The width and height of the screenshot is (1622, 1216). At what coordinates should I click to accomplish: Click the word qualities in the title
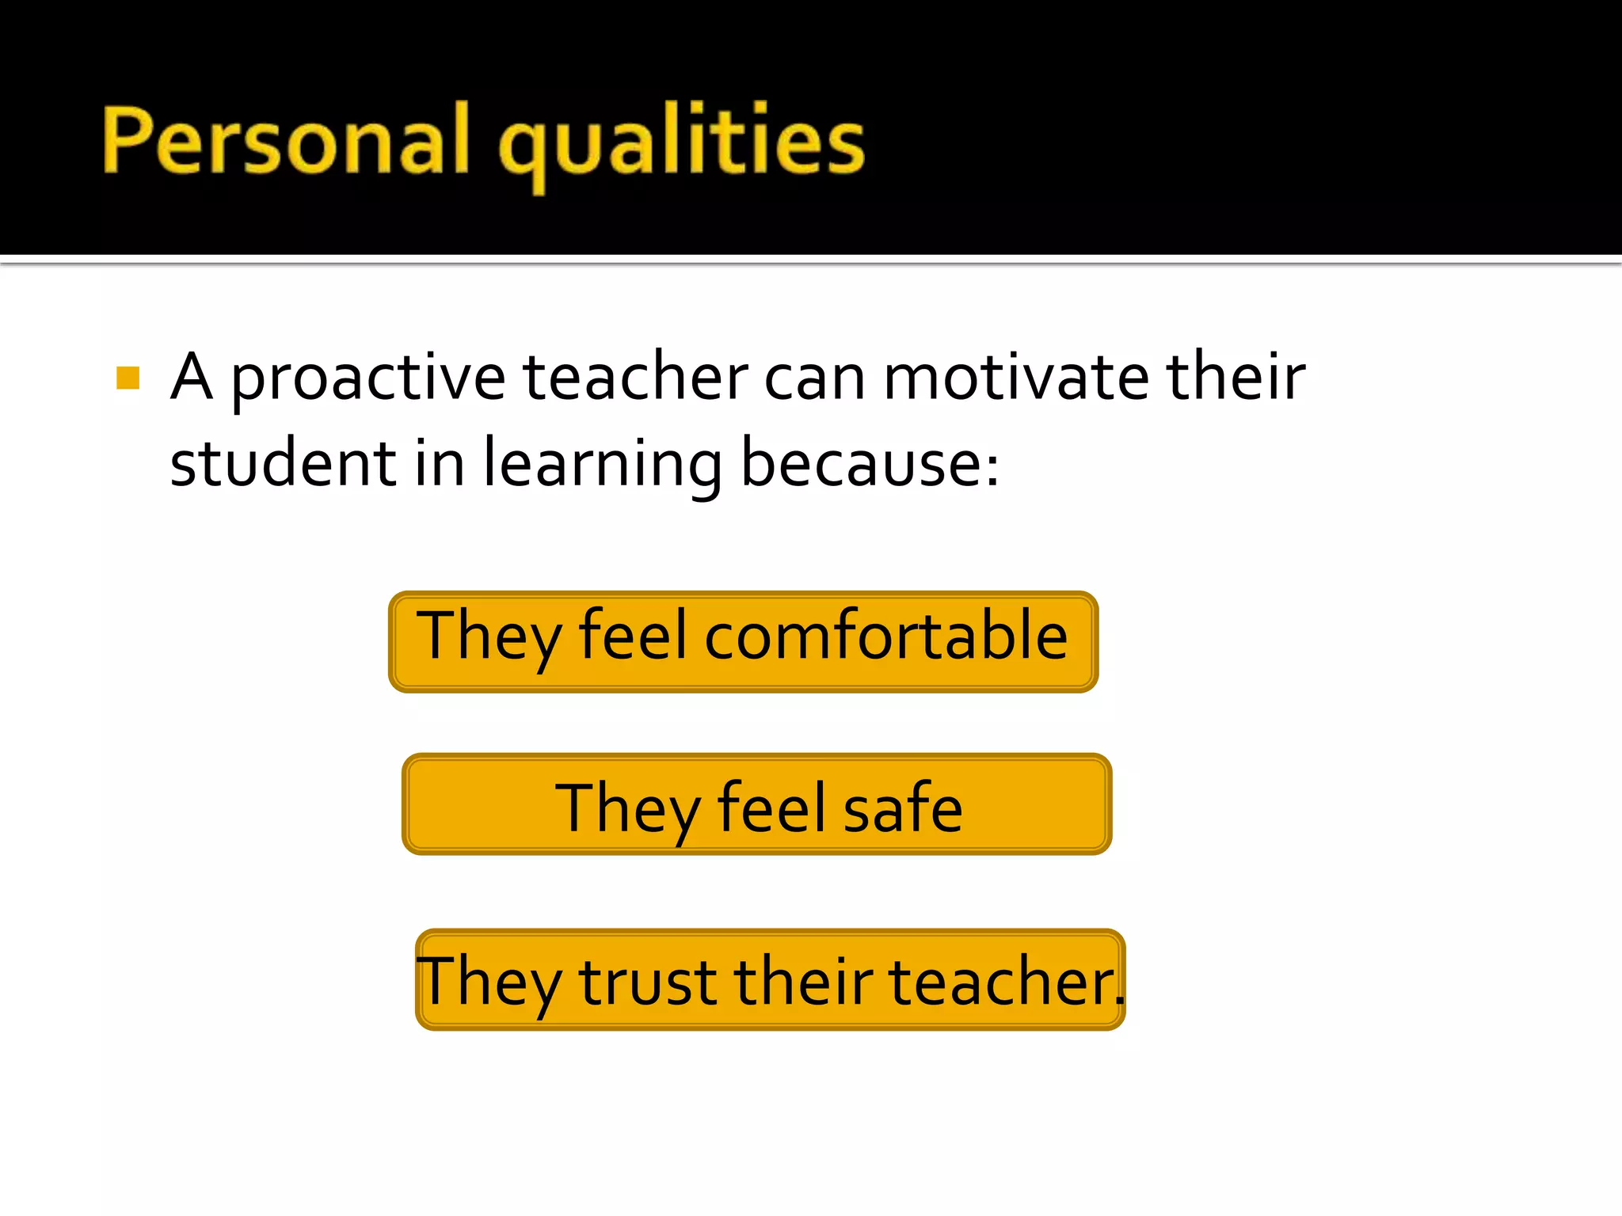(x=682, y=142)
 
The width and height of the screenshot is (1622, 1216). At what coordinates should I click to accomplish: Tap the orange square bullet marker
(x=128, y=378)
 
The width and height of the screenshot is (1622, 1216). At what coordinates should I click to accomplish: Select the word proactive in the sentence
(x=368, y=378)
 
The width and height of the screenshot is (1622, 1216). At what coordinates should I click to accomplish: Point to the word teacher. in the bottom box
(x=1006, y=982)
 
